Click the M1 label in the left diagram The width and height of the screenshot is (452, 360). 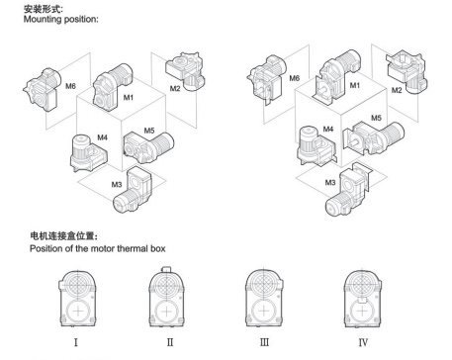coord(129,97)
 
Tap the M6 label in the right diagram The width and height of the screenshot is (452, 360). coord(294,78)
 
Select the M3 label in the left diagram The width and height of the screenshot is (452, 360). coord(117,184)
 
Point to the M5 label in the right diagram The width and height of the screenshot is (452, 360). coord(376,118)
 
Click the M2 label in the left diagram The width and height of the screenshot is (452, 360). coord(175,88)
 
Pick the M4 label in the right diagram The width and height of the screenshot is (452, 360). coord(328,129)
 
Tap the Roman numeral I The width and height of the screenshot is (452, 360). coord(76,342)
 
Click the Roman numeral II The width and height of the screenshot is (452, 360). coord(170,342)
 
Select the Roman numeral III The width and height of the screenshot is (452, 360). coord(264,342)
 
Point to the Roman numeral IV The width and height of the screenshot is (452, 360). coord(363,342)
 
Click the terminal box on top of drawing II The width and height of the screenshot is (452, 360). coord(166,269)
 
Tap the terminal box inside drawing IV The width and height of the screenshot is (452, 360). coord(362,300)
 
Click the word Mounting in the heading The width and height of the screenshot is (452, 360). coord(43,19)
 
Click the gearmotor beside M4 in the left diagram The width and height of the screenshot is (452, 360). coord(88,153)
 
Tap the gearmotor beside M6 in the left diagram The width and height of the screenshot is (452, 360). coord(43,90)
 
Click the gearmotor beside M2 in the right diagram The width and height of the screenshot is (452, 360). coord(407,71)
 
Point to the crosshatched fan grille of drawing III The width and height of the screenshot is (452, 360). coord(264,283)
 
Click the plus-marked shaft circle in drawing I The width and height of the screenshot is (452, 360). coord(78,312)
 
